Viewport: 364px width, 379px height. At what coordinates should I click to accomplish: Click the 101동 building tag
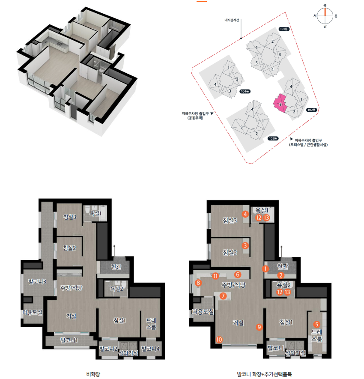tap(284, 29)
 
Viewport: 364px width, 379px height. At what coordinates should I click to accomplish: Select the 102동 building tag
tap(311, 110)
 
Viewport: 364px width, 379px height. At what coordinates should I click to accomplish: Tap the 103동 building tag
tap(273, 138)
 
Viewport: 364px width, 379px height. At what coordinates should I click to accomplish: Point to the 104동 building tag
tap(245, 91)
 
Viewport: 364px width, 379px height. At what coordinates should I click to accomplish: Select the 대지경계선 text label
tap(232, 20)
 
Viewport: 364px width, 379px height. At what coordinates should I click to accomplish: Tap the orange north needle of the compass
tap(325, 12)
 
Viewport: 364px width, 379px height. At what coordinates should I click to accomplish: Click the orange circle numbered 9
tap(259, 327)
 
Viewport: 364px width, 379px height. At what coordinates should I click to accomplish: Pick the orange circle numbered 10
tap(219, 340)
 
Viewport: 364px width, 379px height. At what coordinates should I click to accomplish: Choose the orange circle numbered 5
tap(316, 324)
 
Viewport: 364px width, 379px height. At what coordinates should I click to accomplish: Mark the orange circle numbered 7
tap(223, 296)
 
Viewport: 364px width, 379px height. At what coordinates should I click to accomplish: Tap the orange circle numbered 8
tap(198, 283)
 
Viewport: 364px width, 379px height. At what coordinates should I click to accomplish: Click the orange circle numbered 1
tap(266, 269)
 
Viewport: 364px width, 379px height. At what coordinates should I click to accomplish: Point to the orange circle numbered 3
tap(245, 245)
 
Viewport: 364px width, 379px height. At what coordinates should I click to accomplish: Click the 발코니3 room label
tap(37, 281)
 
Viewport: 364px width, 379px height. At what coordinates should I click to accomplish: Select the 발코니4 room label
tap(150, 349)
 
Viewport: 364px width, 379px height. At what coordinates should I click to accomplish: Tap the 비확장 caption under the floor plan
tap(93, 374)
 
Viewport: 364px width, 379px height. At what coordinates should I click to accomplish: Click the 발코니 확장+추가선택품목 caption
tap(264, 374)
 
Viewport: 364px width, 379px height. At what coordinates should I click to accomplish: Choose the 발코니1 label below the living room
tap(69, 340)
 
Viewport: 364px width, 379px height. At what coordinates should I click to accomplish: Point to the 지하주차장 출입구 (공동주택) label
tap(195, 116)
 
